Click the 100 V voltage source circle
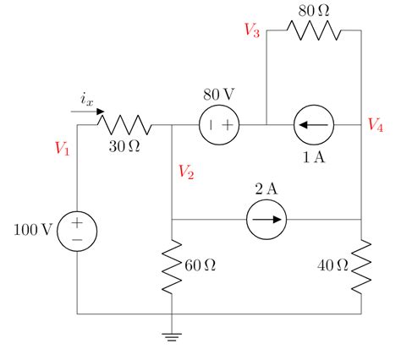tap(77, 231)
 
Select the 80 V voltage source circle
tap(219, 126)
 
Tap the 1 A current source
tap(314, 126)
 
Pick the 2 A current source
tap(266, 221)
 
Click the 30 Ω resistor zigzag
tap(124, 126)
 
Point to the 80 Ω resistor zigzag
tap(314, 30)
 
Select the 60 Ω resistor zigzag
tap(172, 266)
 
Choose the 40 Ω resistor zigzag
tap(361, 266)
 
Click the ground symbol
tap(172, 337)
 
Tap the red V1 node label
tap(62, 148)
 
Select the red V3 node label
tap(251, 30)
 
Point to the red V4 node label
tap(376, 125)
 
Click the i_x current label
tap(86, 99)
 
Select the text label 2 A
tap(266, 188)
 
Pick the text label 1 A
tap(314, 158)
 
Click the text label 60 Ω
tap(200, 266)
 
